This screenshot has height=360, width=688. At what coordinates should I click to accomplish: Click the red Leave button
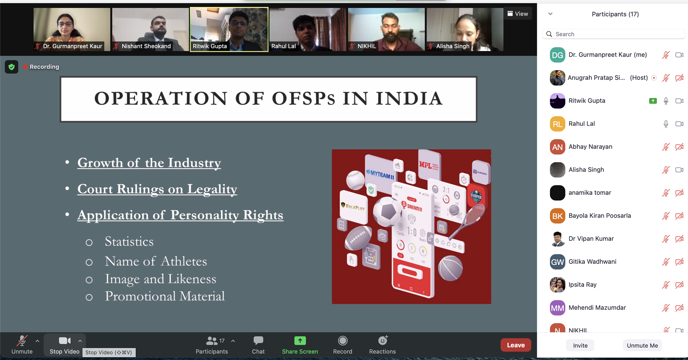point(515,345)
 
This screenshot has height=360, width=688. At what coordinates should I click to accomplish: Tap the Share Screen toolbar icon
point(300,341)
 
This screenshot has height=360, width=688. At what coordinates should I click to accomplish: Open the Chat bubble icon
point(258,341)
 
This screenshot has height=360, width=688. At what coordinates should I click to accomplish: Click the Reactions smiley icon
point(383,341)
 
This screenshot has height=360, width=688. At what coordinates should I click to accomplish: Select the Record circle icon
point(343,341)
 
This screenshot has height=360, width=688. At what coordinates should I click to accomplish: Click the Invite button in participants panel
point(580,345)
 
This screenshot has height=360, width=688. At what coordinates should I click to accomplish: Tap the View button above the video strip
point(517,13)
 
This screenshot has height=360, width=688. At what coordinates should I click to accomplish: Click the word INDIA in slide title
point(409,99)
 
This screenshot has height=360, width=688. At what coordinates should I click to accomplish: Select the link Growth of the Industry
point(149,163)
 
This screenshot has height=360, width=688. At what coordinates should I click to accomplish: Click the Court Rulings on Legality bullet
point(157,189)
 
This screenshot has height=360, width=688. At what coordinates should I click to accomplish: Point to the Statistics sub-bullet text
point(129,241)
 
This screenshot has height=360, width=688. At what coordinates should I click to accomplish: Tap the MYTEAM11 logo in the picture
point(380,174)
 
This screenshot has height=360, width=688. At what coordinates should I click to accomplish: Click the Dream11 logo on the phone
point(411,206)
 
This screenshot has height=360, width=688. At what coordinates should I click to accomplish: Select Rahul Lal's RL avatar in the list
point(557,124)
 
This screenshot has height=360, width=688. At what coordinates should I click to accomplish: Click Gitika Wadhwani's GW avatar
point(557,262)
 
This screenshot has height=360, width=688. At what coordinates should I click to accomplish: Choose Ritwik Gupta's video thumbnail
point(229,29)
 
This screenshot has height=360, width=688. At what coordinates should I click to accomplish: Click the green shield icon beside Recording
point(11,67)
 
